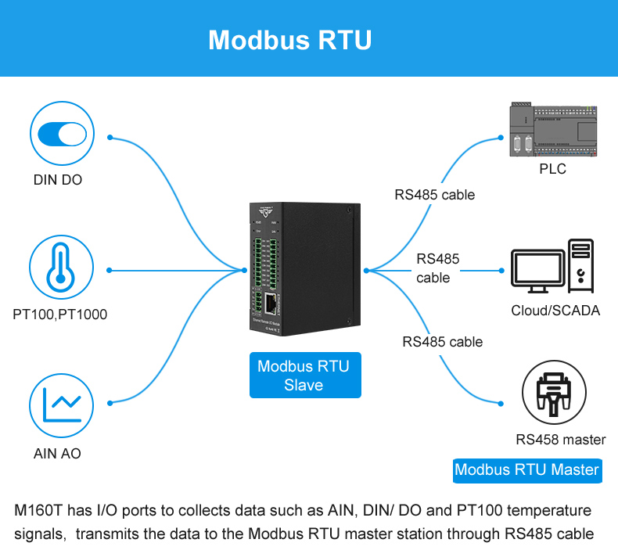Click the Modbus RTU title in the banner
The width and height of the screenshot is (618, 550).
(x=289, y=40)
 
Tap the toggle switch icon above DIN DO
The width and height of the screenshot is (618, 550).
(x=61, y=133)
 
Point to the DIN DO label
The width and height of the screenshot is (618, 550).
(x=58, y=180)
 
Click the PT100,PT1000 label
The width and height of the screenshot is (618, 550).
(x=60, y=315)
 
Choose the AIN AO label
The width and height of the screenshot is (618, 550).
(x=57, y=453)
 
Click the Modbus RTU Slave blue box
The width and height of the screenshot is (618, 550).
(x=304, y=376)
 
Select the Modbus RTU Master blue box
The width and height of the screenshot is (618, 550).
(x=527, y=469)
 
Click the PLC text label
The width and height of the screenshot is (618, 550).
(x=552, y=169)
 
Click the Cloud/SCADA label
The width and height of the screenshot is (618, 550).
(x=555, y=311)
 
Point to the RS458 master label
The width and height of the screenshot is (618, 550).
(x=561, y=440)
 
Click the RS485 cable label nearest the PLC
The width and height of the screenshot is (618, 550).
(x=434, y=195)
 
